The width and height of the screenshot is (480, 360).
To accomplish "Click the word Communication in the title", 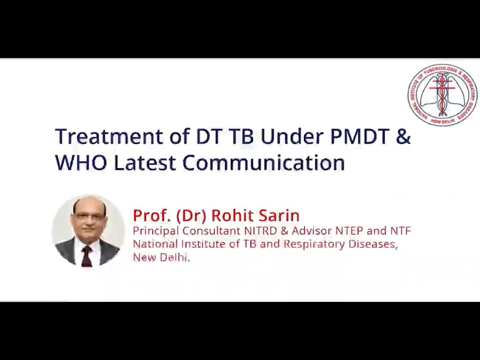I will pos(263,163).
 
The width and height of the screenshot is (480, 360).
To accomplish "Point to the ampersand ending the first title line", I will pos(403,136).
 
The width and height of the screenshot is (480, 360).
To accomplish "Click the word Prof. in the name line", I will pos(152,215).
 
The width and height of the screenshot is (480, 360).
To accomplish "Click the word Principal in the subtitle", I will pos(156,231).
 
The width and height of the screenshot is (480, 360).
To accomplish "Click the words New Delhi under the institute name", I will pos(161,257).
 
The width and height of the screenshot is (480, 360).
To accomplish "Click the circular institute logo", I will pos(442,95).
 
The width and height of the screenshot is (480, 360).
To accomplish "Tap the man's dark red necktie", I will pos(87,255).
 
